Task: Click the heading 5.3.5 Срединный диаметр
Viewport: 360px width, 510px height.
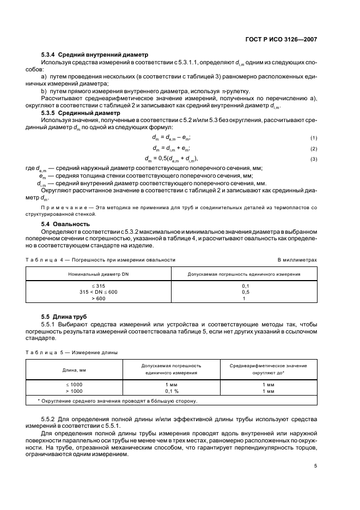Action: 84,113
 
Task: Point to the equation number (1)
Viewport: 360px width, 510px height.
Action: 313,138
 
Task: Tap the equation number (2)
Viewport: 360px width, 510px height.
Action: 313,148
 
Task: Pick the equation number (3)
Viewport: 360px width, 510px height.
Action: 313,159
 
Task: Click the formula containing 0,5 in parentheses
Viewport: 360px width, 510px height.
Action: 171,159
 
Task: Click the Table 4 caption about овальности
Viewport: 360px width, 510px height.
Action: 101,260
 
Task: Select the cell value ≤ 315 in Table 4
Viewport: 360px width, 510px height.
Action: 99,286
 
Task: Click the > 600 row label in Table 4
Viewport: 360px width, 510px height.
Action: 99,299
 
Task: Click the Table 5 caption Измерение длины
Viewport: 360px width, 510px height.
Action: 71,352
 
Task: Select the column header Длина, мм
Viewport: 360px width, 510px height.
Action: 75,369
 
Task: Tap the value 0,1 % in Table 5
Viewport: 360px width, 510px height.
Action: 172,391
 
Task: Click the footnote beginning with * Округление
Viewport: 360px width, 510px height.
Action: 117,400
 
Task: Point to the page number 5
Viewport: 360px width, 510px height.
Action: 315,465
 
